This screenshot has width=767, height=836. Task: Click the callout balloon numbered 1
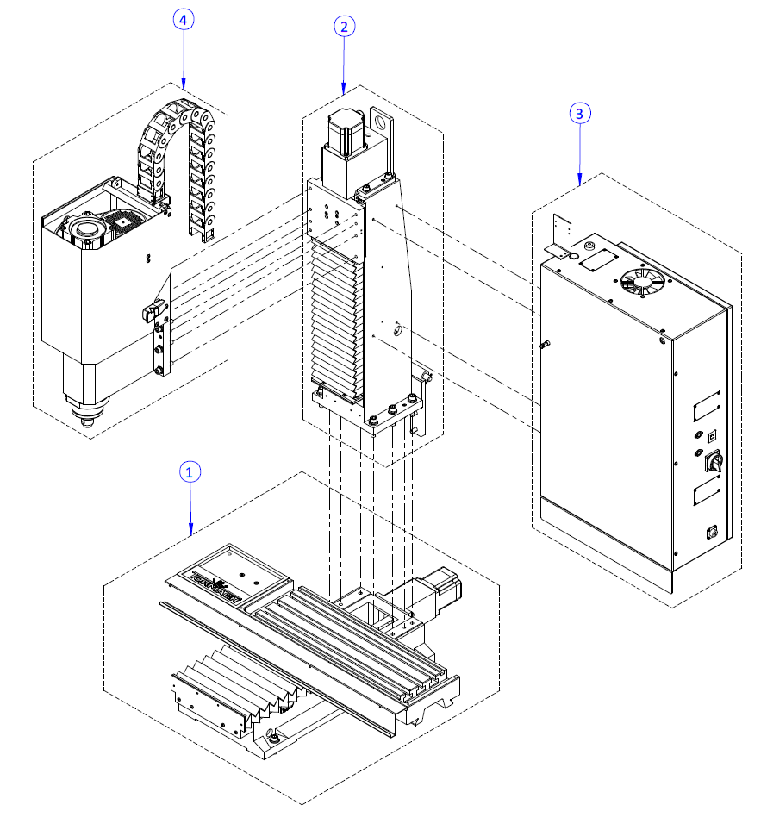tap(190, 471)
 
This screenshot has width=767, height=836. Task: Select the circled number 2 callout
tap(344, 27)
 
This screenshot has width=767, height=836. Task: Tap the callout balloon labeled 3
tap(580, 113)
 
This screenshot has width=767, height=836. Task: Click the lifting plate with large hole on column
tap(380, 129)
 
